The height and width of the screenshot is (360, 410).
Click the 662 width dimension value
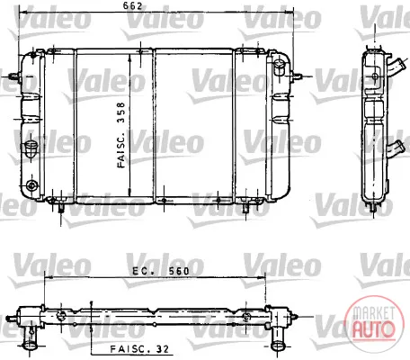(x=132, y=6)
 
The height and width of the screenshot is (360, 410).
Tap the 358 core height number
(x=120, y=112)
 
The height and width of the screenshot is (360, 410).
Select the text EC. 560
(x=161, y=271)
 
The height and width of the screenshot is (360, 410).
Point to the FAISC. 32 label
(x=139, y=349)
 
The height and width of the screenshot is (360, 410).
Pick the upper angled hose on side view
(x=397, y=68)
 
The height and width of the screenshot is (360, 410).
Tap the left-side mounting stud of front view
(x=14, y=76)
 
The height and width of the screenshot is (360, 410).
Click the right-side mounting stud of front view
(x=297, y=76)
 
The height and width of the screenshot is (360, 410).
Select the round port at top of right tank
(x=279, y=67)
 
